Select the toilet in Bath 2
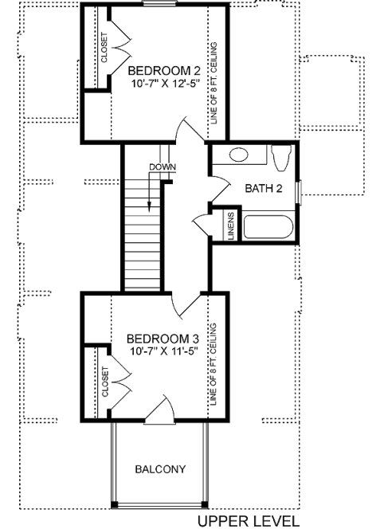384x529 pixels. [280, 158]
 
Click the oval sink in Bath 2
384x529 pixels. [240, 155]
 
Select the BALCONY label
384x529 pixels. [160, 469]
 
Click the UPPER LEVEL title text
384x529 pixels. [249, 521]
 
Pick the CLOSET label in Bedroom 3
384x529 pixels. [104, 382]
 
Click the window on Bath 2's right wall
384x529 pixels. [297, 191]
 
